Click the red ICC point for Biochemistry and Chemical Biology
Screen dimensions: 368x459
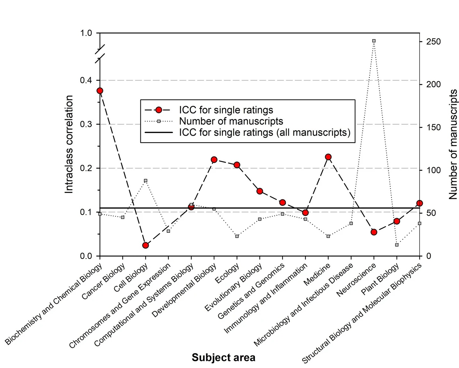pos(100,91)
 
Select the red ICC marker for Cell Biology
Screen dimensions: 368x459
pos(146,245)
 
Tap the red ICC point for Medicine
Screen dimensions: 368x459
pos(328,157)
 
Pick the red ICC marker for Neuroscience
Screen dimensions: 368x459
pos(374,232)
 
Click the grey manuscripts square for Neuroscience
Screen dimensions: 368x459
pos(374,41)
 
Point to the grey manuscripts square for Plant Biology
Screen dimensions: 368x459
pos(397,245)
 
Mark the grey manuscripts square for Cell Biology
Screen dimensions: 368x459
pos(146,181)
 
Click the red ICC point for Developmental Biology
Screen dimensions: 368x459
pos(214,160)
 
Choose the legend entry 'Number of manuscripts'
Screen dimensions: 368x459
pos(231,121)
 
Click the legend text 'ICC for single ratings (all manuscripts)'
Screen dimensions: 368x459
pos(265,132)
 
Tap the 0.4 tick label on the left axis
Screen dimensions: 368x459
pos(86,80)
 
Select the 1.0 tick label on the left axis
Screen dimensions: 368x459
pos(86,33)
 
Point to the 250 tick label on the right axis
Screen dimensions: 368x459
pos(434,42)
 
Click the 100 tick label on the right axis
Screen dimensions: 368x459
pos(434,170)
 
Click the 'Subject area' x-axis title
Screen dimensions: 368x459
pos(224,357)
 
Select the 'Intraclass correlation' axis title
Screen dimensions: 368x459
pos(69,144)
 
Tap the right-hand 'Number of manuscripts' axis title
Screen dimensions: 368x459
pos(453,144)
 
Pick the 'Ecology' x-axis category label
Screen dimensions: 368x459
pos(227,273)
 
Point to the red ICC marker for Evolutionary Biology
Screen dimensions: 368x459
pos(260,191)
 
